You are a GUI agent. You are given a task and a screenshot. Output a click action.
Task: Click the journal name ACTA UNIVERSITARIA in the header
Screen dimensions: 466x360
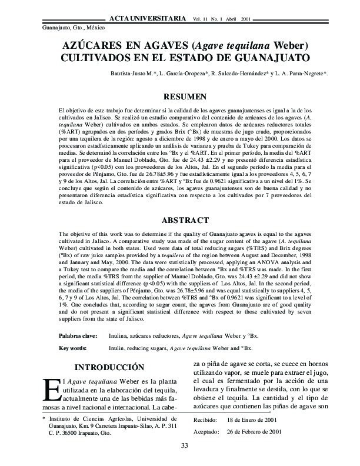click(149, 19)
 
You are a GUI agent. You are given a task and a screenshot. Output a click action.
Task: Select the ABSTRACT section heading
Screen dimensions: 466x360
click(185, 221)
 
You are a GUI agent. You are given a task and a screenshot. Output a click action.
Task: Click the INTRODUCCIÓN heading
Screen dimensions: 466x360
click(112, 367)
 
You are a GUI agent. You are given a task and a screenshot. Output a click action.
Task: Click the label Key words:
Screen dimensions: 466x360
click(74, 348)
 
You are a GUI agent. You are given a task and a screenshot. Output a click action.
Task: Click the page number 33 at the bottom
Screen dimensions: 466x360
click(184, 445)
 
